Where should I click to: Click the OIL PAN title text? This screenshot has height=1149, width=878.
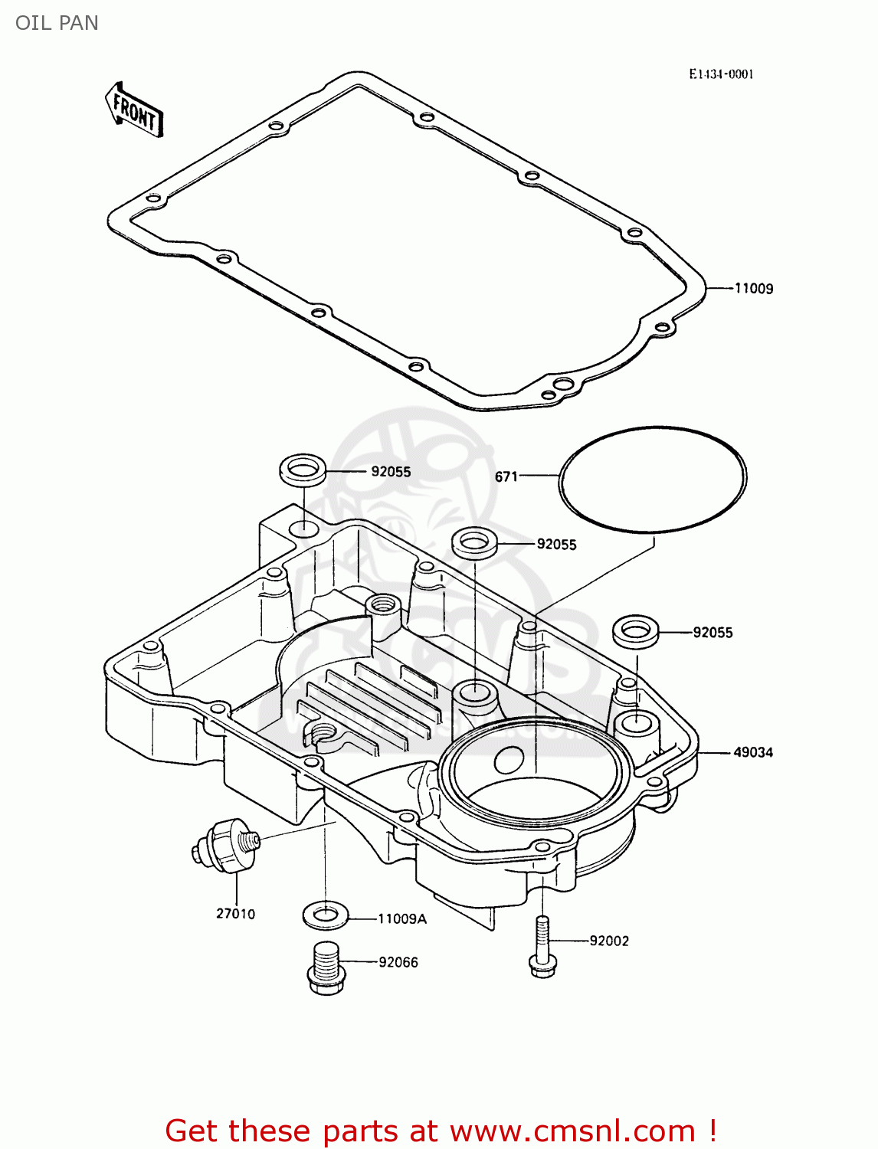pos(57,23)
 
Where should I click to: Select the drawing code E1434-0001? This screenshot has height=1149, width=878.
pos(720,74)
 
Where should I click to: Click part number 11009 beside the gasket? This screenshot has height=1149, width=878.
pos(753,289)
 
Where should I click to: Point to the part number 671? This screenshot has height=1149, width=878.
pos(506,476)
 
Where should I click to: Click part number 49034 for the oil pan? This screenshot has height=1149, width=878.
pos(752,752)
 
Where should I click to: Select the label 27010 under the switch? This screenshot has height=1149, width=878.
pos(235,913)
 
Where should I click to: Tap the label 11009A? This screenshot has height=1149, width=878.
pos(401,918)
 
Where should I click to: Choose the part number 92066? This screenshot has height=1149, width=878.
pos(398,962)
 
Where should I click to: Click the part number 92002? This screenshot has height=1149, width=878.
pos(608,941)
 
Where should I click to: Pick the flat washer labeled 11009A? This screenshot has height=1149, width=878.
pos(326,914)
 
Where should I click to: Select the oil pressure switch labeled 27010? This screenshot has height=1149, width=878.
pos(224,845)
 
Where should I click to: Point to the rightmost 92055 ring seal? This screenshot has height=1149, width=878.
pos(636,631)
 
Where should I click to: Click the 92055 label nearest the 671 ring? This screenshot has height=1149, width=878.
pos(556,545)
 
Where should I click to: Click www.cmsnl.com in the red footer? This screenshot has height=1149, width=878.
pos(572,1131)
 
